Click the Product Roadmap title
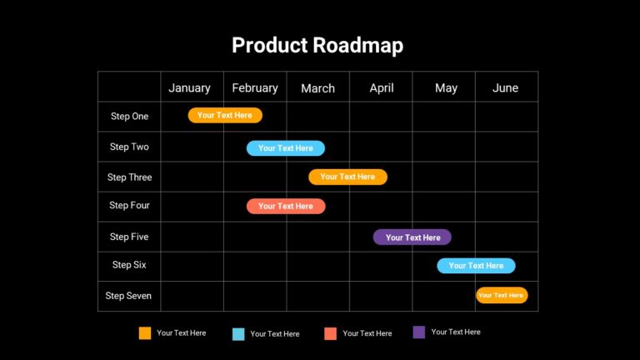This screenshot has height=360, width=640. coord(317,45)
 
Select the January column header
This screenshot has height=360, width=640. coord(189,87)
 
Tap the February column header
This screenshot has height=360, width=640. coord(255,87)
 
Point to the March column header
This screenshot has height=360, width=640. coord(317,88)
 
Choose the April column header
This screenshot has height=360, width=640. coord(382,87)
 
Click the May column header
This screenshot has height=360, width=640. coord(446,88)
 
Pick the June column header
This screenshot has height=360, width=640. coord(505,87)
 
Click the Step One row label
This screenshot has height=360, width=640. coord(129,117)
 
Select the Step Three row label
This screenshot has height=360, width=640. coord(129,177)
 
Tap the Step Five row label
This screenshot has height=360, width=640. coord(129,237)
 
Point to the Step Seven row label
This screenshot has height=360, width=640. coord(128,296)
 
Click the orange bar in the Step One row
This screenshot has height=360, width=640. coord(225,115)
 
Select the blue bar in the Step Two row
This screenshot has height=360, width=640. coord(286,148)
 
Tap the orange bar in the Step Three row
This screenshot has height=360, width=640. coord(347,177)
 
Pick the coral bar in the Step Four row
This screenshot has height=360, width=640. coord(286,206)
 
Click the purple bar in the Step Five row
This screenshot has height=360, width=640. coord(412,237)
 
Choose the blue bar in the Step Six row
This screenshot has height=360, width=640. coord(476,266)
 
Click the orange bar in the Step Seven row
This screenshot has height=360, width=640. coord(502,295)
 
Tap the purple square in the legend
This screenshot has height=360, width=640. coord(419,332)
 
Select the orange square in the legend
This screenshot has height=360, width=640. coord(145,333)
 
